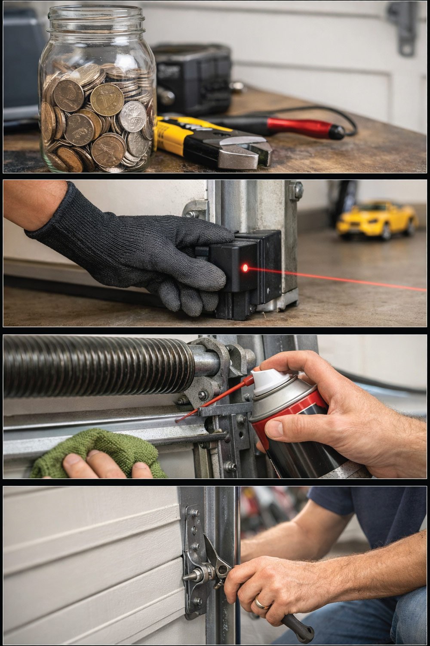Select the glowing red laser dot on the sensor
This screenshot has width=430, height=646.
click(245, 268)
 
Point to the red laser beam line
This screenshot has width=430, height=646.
click(344, 280)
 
